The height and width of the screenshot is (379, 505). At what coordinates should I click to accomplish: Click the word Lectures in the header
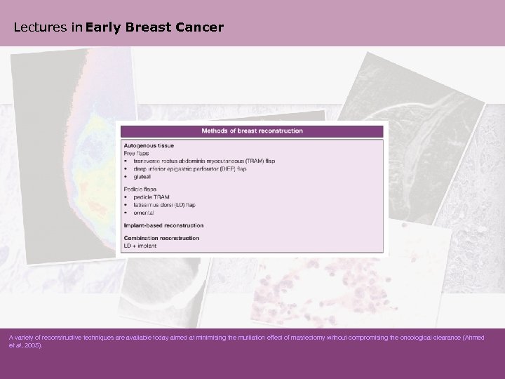(36, 28)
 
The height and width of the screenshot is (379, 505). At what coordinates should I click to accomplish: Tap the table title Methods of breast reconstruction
(252, 131)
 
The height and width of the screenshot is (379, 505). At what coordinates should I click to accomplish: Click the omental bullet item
(144, 213)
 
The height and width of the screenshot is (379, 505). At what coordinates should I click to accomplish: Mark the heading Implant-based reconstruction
(163, 225)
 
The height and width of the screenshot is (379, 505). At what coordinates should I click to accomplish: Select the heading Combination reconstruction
(161, 238)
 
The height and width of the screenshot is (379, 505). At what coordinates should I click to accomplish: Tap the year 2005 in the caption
(33, 346)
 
